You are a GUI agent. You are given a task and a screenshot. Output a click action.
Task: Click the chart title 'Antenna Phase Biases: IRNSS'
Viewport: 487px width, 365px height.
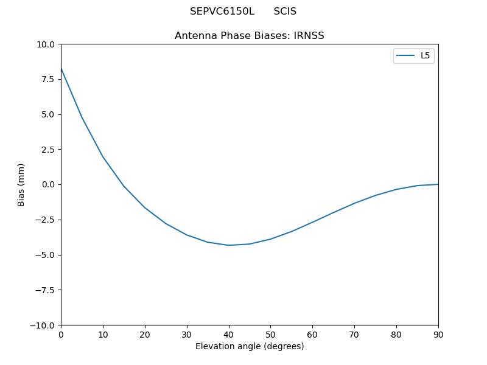pyautogui.click(x=249, y=36)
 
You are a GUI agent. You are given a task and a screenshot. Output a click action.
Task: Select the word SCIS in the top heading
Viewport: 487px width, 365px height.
pyautogui.click(x=285, y=12)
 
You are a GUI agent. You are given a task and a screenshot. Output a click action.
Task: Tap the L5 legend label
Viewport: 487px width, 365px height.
pyautogui.click(x=425, y=56)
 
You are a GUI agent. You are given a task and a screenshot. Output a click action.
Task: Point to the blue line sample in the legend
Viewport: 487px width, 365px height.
pyautogui.click(x=405, y=56)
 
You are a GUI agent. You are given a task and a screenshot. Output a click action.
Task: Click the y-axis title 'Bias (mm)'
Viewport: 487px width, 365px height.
pyautogui.click(x=21, y=184)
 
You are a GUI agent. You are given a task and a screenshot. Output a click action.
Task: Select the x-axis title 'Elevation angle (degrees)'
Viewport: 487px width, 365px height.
pyautogui.click(x=249, y=347)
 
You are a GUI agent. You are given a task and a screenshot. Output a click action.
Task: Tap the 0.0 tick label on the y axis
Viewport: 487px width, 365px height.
pyautogui.click(x=49, y=184)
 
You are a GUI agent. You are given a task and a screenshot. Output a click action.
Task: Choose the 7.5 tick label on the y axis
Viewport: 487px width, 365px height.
pyautogui.click(x=49, y=79)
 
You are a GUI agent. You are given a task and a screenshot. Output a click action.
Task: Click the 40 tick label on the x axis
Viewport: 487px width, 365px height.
pyautogui.click(x=229, y=335)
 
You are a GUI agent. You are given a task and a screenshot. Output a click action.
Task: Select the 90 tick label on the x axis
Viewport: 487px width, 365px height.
pyautogui.click(x=438, y=335)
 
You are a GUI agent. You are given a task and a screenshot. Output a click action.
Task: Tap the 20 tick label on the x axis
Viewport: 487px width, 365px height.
pyautogui.click(x=145, y=335)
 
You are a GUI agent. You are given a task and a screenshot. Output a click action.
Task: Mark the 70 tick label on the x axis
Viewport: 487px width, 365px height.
pyautogui.click(x=354, y=335)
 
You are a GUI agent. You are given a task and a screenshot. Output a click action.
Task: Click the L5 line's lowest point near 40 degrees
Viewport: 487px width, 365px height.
pyautogui.click(x=229, y=245)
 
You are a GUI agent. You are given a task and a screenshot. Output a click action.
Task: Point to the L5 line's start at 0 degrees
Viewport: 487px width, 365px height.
pyautogui.click(x=61, y=69)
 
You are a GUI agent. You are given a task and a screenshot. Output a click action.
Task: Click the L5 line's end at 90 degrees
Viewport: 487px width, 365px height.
pyautogui.click(x=438, y=184)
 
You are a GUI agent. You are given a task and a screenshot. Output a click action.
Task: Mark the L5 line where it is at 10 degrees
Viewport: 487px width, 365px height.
pyautogui.click(x=103, y=157)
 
